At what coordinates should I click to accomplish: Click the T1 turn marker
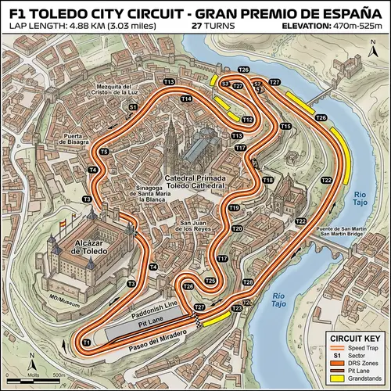(87, 343)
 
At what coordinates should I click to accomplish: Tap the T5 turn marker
(104, 151)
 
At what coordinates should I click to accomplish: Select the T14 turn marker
(185, 99)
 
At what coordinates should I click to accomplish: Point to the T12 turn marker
(248, 120)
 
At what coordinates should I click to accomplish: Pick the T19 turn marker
(234, 207)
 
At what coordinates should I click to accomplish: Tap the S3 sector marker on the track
(225, 82)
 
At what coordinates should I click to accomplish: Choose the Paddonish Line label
(154, 303)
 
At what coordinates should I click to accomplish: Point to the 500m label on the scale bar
(58, 375)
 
